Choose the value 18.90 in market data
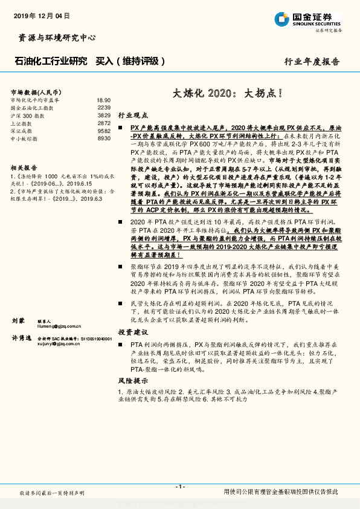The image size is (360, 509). pyautogui.click(x=103, y=100)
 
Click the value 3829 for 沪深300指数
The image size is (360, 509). pyautogui.click(x=104, y=115)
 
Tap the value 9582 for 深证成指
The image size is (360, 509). pyautogui.click(x=104, y=131)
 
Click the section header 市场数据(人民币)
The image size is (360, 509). pyautogui.click(x=36, y=91)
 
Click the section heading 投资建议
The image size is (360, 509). pyautogui.click(x=133, y=332)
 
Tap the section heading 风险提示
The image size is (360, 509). pyautogui.click(x=133, y=381)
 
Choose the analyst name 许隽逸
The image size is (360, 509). pyautogui.click(x=21, y=339)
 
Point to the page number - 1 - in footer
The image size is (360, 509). pyautogui.click(x=179, y=487)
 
